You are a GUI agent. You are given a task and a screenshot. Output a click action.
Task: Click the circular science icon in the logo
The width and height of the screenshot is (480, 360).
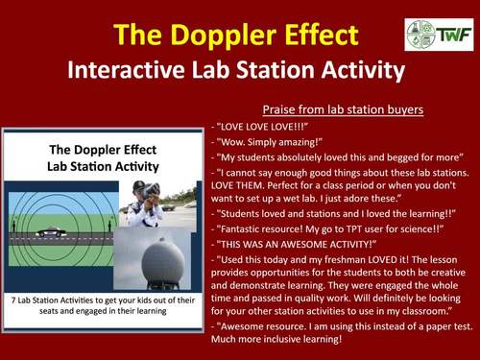pos(420,35)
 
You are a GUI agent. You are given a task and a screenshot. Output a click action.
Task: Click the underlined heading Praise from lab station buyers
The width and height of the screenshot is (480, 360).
pos(343,108)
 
